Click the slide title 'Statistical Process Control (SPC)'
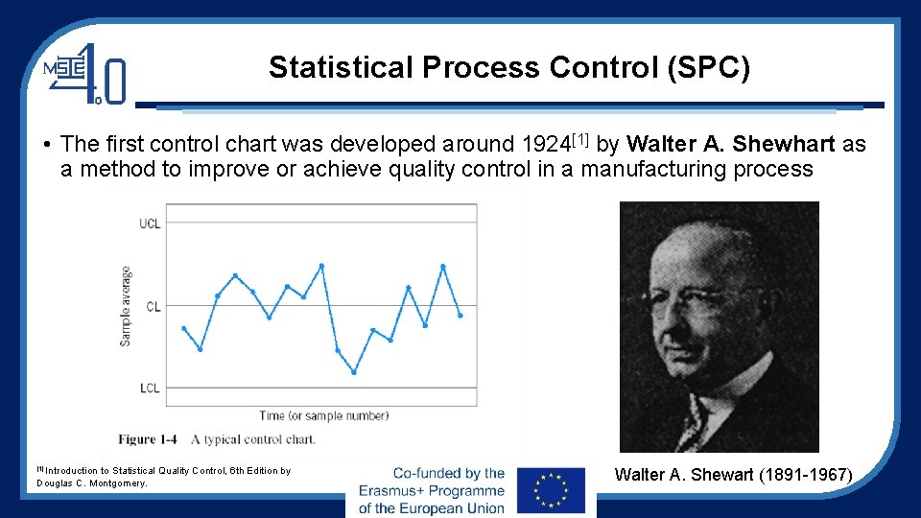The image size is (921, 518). [508, 68]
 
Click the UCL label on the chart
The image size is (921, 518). [150, 224]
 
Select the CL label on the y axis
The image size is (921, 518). [153, 307]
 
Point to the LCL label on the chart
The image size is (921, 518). [150, 388]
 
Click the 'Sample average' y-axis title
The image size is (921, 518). [126, 306]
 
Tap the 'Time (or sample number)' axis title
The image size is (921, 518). [323, 416]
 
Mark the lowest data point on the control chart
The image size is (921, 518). [354, 372]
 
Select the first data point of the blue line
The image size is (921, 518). [183, 328]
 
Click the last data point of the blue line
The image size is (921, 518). [460, 315]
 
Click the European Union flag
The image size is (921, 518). [551, 490]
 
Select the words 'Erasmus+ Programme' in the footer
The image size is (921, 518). [431, 490]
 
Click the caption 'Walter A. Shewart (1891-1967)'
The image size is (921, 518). [733, 475]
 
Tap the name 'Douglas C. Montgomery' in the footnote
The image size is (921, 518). [92, 483]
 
